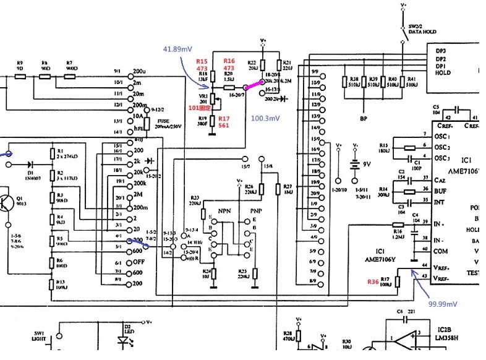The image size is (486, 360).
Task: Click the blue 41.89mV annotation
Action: [177, 49]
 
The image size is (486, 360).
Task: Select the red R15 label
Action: [202, 61]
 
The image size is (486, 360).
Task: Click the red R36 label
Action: [372, 282]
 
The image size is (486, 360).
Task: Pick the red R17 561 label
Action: [224, 121]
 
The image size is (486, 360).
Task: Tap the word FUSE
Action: [163, 121]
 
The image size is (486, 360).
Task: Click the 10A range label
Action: [138, 116]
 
